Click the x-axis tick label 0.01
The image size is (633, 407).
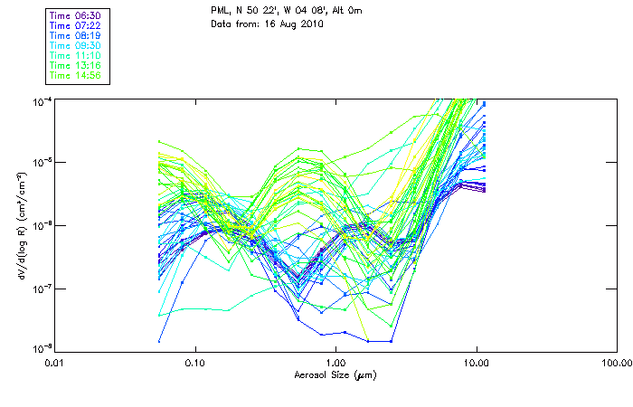(55, 364)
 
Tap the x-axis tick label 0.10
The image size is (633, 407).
(195, 364)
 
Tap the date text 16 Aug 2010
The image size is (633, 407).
(296, 24)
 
